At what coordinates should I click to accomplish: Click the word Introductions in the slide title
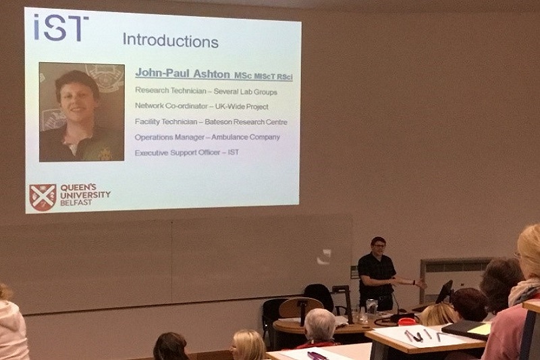coord(171,41)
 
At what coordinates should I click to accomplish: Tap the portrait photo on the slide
coord(82,112)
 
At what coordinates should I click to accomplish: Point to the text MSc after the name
coord(243,76)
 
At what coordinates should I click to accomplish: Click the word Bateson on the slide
coord(218,122)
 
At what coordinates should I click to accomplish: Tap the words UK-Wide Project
coord(242,107)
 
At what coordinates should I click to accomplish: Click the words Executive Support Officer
coord(178,153)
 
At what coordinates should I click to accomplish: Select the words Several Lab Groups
coord(245,92)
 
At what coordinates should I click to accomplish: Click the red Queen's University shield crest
coord(43,197)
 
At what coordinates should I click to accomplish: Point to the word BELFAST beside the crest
coord(76,203)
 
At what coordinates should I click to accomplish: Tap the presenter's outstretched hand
coord(420,284)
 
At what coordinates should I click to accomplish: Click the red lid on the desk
coord(407,321)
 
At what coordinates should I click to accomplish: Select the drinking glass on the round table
coord(372,309)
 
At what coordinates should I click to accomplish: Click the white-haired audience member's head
coord(320,325)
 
